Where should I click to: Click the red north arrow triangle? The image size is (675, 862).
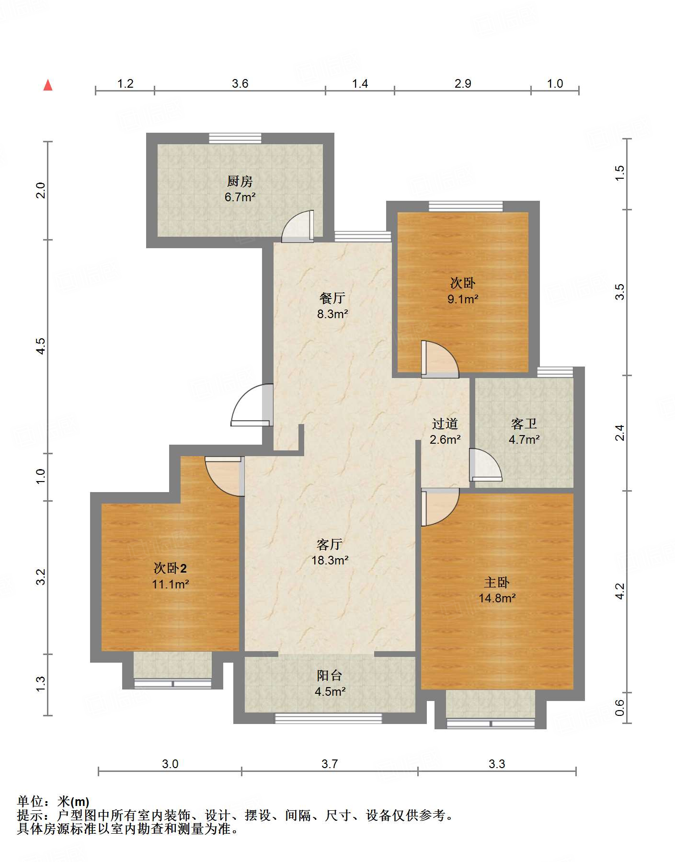(48, 85)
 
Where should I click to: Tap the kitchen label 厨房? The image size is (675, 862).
(240, 181)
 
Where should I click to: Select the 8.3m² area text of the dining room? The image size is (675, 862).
(332, 314)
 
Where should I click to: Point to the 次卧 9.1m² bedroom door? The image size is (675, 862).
(438, 359)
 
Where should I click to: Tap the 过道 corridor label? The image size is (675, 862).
(445, 424)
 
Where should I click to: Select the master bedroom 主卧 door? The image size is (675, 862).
(439, 506)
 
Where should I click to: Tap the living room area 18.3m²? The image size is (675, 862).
(330, 560)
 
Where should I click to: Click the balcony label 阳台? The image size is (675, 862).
(330, 676)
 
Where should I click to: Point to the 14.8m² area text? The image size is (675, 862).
(497, 598)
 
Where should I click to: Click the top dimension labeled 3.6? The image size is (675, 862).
(240, 84)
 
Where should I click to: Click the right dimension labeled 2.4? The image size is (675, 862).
(620, 433)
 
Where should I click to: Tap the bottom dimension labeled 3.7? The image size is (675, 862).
(330, 764)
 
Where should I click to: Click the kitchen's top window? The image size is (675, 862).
(235, 138)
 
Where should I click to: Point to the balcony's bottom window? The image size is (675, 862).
(328, 718)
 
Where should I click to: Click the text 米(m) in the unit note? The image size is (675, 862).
(73, 802)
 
